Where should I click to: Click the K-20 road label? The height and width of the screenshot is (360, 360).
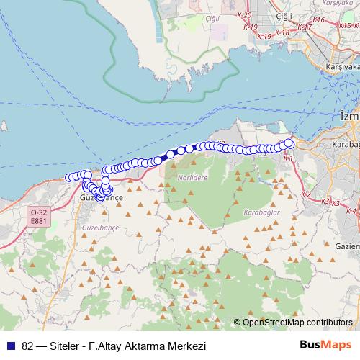244,15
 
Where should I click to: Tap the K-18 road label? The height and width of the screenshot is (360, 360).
282,32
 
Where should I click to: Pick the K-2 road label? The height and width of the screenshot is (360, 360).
305,195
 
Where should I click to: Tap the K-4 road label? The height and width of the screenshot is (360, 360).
351,211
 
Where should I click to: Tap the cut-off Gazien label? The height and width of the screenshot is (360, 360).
347,246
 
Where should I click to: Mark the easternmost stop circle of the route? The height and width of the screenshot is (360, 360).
289,143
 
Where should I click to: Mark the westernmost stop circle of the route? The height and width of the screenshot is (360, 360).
69,178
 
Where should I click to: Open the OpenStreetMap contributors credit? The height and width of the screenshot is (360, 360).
297,323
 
